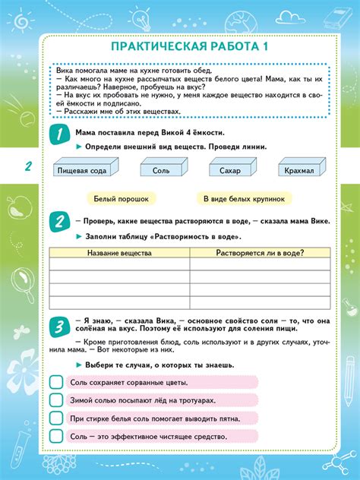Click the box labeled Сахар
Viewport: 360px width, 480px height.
coord(228,171)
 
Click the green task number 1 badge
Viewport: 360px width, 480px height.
coord(58,135)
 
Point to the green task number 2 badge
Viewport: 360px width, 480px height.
coord(58,223)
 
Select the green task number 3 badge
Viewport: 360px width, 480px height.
coord(58,327)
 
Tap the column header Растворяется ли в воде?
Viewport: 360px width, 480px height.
coord(260,252)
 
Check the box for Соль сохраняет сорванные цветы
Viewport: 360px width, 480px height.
coord(56,381)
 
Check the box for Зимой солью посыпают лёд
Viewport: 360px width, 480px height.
coord(56,399)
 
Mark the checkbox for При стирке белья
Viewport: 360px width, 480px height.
coord(56,418)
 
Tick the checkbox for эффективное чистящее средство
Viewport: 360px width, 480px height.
coord(56,436)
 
